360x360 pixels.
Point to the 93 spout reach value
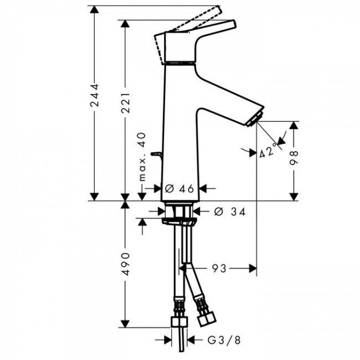[219, 269]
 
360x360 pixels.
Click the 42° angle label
[268, 152]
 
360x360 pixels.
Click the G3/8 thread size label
[217, 338]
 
